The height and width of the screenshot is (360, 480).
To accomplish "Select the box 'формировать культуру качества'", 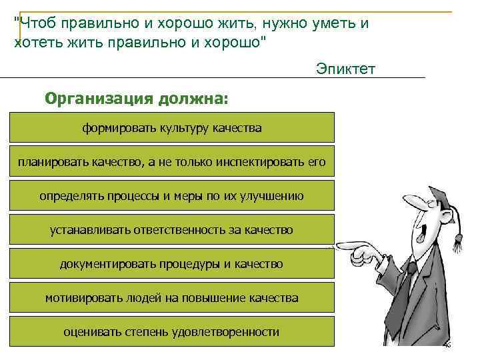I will (x=172, y=127).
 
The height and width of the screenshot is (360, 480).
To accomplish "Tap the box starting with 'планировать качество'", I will (x=172, y=161).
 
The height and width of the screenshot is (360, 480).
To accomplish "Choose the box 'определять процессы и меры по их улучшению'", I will (x=172, y=195).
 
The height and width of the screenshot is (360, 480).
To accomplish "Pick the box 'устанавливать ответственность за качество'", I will (x=172, y=229).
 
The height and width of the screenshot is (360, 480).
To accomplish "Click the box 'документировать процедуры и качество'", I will (x=172, y=264).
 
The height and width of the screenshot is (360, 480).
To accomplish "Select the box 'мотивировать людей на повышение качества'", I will (x=172, y=298).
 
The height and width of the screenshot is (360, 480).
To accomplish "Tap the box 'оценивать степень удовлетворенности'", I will (x=172, y=331).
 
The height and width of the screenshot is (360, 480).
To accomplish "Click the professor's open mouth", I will (x=421, y=236).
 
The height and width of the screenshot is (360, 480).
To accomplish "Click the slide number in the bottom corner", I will (x=447, y=345).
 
